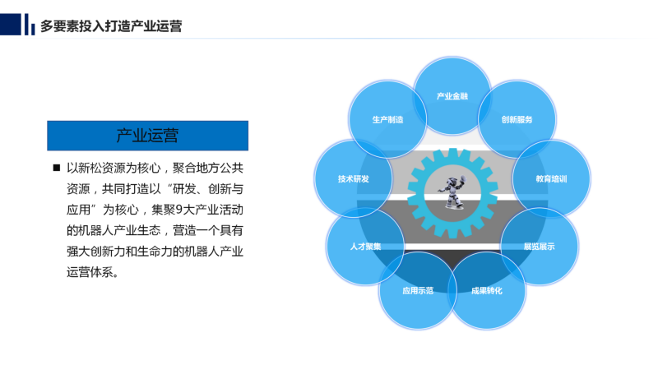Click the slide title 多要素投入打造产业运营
[111, 26]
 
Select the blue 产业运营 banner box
[148, 136]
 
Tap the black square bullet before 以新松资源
[57, 168]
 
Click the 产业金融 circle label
[452, 96]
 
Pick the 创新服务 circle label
[517, 119]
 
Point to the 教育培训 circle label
[551, 179]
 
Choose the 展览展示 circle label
[539, 247]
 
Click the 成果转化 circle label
[486, 291]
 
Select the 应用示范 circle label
[418, 291]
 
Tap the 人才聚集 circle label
[365, 247]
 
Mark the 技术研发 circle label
[354, 179]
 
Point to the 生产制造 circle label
[387, 119]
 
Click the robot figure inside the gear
[452, 192]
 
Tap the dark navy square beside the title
[11, 25]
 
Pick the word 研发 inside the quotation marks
[184, 189]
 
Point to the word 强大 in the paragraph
[78, 252]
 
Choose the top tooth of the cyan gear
[452, 153]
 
